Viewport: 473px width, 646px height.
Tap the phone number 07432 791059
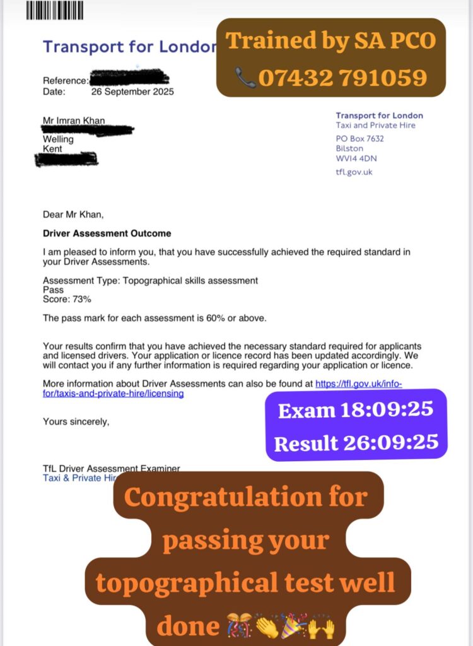pos(342,78)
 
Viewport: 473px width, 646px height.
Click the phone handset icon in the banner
pos(245,78)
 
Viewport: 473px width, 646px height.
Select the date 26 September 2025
pos(132,91)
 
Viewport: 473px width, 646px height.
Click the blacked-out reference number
pos(129,79)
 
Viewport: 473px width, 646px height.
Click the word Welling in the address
pos(58,139)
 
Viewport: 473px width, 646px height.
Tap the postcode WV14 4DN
pos(356,158)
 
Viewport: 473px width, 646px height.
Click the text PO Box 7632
pos(359,138)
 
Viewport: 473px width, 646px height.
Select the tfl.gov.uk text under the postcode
pos(354,172)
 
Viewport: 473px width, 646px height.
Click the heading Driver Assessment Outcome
pos(107,233)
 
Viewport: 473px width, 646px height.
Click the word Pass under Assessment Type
pos(53,290)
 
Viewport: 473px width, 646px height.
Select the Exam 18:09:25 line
pos(356,410)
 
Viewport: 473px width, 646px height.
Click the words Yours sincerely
pos(76,421)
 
